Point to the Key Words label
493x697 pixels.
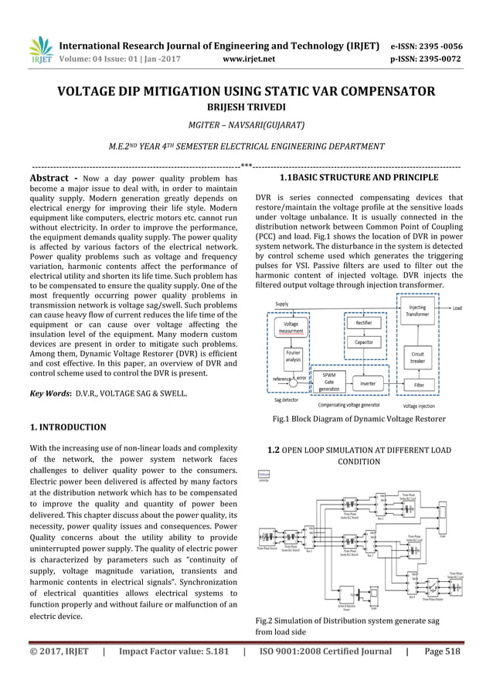tap(50, 393)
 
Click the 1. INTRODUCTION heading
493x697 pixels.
tap(67, 427)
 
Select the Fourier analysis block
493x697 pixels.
tap(293, 357)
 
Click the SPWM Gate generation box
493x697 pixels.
tap(329, 382)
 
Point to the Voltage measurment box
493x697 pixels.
tap(291, 327)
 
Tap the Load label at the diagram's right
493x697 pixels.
tap(457, 308)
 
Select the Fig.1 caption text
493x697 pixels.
tap(358, 419)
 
